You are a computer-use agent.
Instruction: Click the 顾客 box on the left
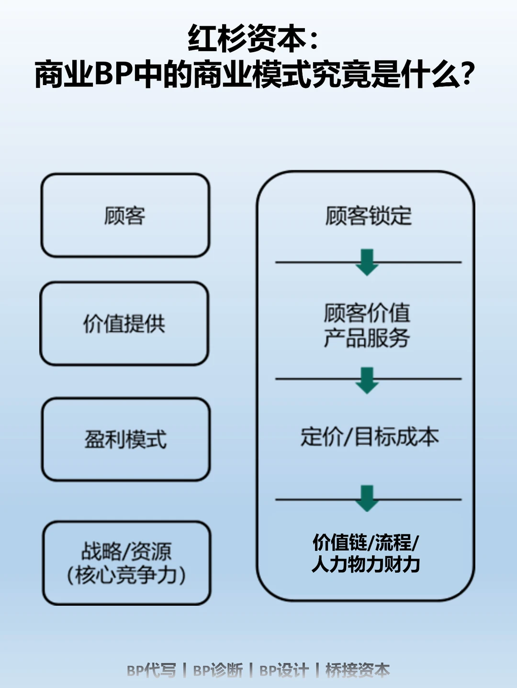click(x=125, y=216)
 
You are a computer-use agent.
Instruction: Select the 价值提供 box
click(x=124, y=324)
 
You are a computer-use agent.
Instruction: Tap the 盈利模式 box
click(x=125, y=439)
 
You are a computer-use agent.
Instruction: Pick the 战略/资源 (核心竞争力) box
click(x=126, y=563)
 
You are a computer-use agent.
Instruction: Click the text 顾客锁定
click(x=368, y=216)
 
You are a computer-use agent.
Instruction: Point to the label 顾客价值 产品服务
click(x=367, y=326)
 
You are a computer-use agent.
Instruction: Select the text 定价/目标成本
click(x=369, y=437)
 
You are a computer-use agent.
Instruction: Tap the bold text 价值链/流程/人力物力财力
click(x=366, y=554)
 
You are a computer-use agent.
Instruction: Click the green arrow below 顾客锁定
click(x=367, y=262)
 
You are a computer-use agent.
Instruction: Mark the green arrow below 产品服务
click(x=367, y=380)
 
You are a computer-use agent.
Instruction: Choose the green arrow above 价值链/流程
click(x=367, y=498)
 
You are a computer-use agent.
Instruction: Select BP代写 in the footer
click(x=151, y=670)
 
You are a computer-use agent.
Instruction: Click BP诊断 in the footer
click(x=218, y=670)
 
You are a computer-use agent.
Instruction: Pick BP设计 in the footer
click(x=284, y=670)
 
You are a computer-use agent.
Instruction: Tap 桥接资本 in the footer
click(x=358, y=670)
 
